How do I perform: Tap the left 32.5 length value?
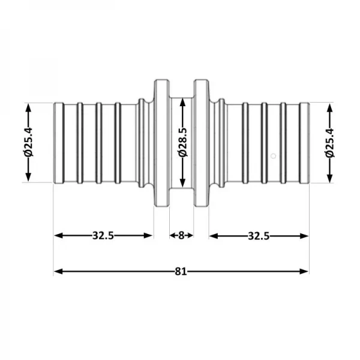103,235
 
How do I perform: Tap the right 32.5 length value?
259,235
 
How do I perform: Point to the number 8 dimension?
181,235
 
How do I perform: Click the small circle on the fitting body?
273,156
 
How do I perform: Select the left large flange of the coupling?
161,143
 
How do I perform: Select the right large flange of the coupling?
201,143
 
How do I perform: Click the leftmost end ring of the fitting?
58,143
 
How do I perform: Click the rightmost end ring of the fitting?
305,143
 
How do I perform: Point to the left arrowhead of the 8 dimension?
171,235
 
